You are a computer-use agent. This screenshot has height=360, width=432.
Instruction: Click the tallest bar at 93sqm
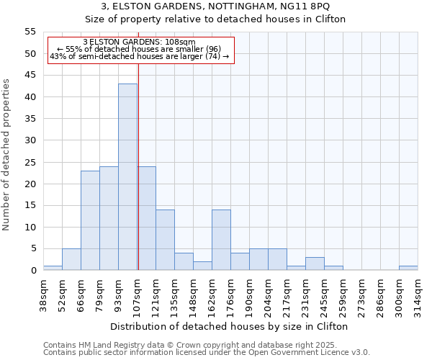pos(127,177)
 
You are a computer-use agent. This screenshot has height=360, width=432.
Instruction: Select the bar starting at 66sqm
pos(90,220)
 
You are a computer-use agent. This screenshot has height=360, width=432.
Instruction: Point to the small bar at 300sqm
pos(408,268)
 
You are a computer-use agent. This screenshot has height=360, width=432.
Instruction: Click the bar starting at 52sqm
pos(71,259)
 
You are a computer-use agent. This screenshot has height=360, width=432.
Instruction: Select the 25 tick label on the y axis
pos(30,162)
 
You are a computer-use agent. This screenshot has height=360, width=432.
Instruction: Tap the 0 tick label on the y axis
pos(33,271)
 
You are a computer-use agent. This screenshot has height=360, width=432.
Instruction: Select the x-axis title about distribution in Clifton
pos(230,326)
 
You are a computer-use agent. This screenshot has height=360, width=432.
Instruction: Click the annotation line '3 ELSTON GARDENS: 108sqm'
pos(139,42)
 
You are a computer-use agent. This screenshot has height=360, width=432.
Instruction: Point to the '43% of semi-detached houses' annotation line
pos(139,56)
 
